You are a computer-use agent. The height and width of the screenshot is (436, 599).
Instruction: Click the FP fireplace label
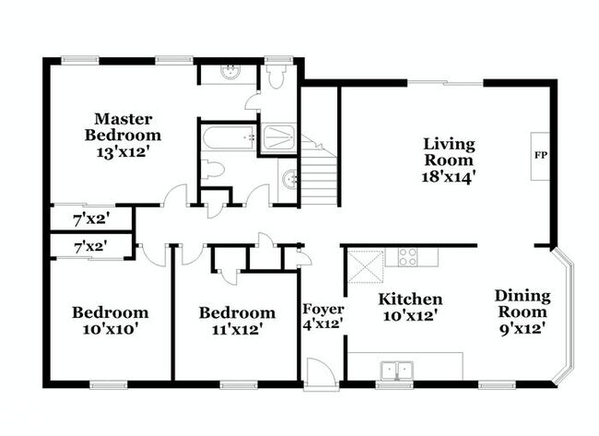(x=540, y=155)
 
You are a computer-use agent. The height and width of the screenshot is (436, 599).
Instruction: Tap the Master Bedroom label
(x=123, y=127)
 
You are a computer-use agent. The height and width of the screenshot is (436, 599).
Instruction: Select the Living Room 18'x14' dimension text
(x=449, y=177)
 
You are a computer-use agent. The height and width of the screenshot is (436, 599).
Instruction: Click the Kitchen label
(x=410, y=299)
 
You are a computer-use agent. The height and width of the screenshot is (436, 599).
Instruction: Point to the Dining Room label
(x=523, y=304)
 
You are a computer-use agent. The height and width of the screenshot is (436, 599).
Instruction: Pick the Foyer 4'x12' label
(x=323, y=316)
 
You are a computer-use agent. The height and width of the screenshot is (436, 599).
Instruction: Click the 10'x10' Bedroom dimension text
(x=110, y=329)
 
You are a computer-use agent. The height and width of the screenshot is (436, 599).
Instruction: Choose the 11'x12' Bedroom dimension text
(x=237, y=329)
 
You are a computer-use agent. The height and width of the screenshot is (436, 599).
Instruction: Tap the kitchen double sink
(x=397, y=370)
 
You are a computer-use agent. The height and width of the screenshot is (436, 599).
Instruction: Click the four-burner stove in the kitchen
(x=407, y=257)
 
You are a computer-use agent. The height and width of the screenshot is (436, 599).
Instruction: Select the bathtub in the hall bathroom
(x=229, y=138)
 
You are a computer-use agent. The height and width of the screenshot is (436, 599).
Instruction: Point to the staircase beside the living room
(x=320, y=171)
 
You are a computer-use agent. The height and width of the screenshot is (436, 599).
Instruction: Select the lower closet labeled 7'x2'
(x=91, y=246)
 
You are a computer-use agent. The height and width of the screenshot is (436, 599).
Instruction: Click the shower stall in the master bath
(x=278, y=137)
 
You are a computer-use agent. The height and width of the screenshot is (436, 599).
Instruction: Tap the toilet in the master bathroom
(x=276, y=77)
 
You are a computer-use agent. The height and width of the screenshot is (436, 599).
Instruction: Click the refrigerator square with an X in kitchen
(x=366, y=266)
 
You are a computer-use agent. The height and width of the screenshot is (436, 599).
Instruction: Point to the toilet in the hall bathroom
(x=212, y=170)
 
